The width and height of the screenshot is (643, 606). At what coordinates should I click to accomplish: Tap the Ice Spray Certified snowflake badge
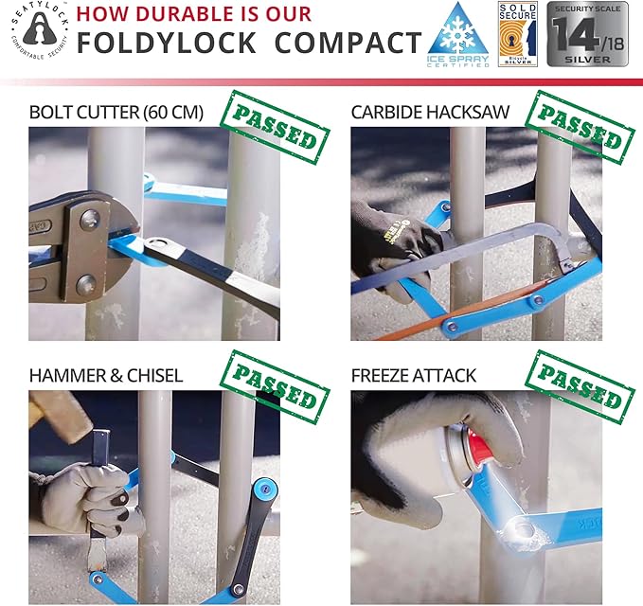pos(458,37)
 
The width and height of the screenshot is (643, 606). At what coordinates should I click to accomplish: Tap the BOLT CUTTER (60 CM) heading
pos(116,112)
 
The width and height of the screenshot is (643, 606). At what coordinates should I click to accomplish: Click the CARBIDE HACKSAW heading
pos(430,112)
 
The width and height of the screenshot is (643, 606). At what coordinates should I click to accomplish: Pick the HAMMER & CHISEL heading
pos(106,376)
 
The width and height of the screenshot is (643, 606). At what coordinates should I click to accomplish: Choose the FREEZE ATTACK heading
pos(414,376)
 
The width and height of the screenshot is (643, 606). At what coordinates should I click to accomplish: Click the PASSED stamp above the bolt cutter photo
pos(274,128)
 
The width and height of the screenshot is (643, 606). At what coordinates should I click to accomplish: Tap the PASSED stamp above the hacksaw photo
pos(580,129)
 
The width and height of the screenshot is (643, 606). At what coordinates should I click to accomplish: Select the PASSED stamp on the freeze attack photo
pos(580,389)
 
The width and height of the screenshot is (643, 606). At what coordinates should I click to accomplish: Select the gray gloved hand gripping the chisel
pos(90,492)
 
